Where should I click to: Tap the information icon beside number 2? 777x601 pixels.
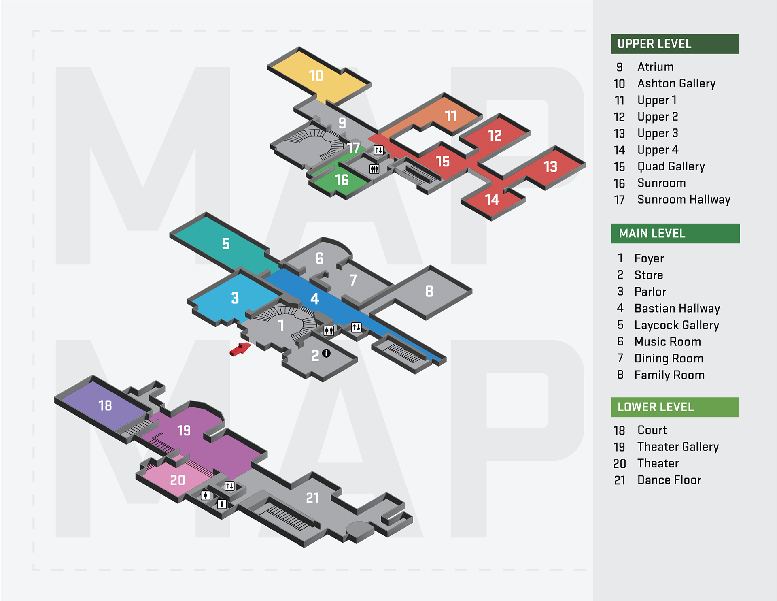[x=326, y=354]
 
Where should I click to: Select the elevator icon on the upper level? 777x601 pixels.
[x=378, y=150]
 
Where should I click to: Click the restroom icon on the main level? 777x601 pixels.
[x=329, y=331]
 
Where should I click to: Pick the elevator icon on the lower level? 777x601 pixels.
[x=229, y=486]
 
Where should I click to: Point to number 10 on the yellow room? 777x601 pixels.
[x=316, y=76]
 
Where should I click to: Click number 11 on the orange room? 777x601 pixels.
[x=451, y=116]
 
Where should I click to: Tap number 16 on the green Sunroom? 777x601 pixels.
[x=342, y=180]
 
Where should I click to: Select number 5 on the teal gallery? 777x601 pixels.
[x=226, y=244]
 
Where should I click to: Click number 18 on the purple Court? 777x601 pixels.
[x=105, y=405]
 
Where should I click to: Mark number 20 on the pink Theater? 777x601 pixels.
[x=178, y=480]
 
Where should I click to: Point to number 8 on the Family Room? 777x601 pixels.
[x=429, y=291]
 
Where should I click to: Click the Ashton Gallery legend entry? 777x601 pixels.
[x=676, y=83]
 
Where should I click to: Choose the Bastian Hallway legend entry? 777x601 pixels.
[x=677, y=309]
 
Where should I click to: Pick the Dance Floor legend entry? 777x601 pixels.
[x=669, y=480]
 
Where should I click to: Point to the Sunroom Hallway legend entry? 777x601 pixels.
[x=684, y=200]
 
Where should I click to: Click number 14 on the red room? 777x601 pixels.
[x=492, y=200]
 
